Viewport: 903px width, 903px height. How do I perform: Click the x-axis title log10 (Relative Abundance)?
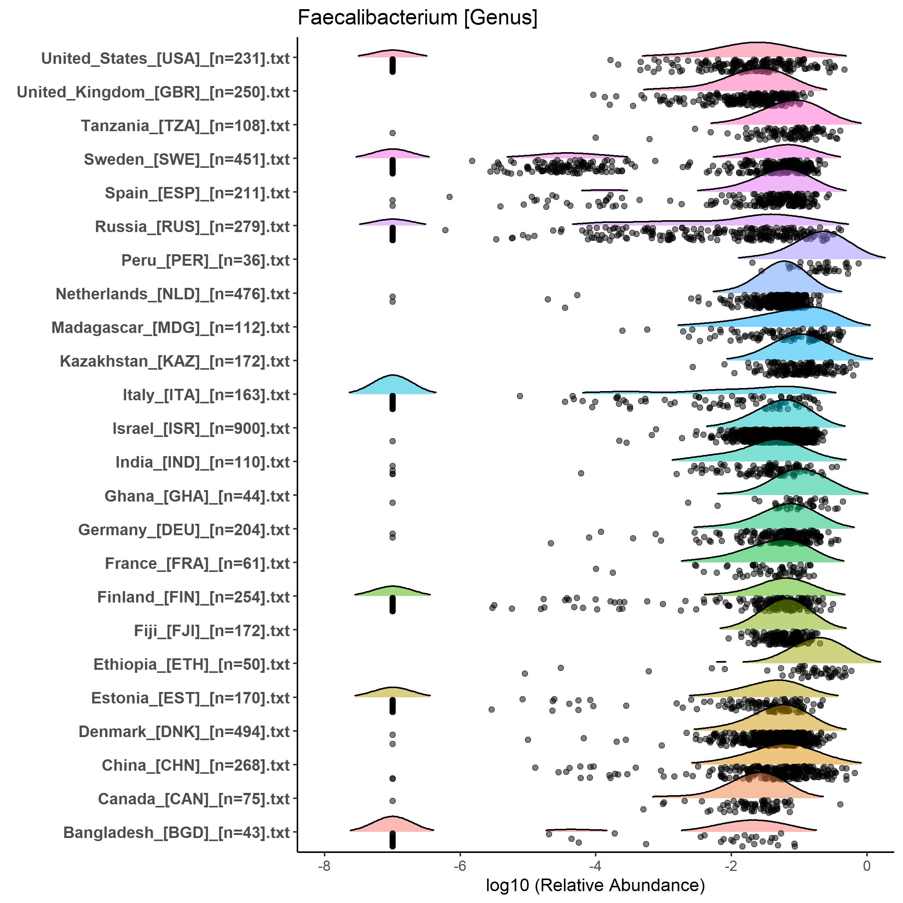pyautogui.click(x=595, y=885)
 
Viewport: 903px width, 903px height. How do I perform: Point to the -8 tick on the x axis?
pyautogui.click(x=324, y=866)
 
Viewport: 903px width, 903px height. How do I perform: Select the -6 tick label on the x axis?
pyautogui.click(x=460, y=866)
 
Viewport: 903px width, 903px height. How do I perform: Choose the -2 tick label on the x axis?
pyautogui.click(x=731, y=866)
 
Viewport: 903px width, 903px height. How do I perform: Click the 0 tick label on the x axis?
pyautogui.click(x=867, y=866)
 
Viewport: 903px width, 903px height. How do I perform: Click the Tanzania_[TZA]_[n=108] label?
pyautogui.click(x=185, y=126)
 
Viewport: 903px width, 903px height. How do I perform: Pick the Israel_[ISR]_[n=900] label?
pyautogui.click(x=201, y=429)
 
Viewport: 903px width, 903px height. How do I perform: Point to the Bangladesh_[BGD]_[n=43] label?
pyautogui.click(x=176, y=832)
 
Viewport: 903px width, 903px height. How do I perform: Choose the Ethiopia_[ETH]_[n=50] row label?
pyautogui.click(x=192, y=664)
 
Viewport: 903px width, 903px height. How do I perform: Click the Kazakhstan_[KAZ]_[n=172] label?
pyautogui.click(x=175, y=361)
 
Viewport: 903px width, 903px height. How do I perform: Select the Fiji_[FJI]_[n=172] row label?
pyautogui.click(x=212, y=630)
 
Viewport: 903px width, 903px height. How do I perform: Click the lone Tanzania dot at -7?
pyautogui.click(x=393, y=133)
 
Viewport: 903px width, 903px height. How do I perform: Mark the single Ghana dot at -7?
pyautogui.click(x=393, y=503)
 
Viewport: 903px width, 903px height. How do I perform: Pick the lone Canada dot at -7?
pyautogui.click(x=393, y=801)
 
